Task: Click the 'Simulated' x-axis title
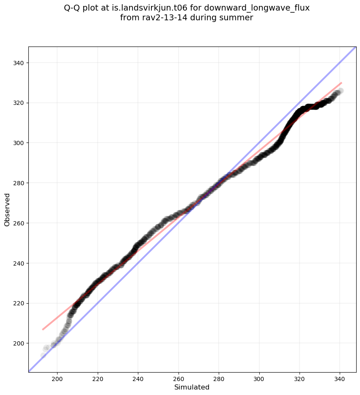192,387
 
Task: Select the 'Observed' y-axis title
7,209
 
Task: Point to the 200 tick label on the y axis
18,343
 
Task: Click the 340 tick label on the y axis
18,63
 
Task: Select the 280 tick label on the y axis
18,183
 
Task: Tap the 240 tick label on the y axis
18,263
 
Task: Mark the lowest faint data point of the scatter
44,355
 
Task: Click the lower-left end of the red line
43,329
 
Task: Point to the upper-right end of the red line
341,83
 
